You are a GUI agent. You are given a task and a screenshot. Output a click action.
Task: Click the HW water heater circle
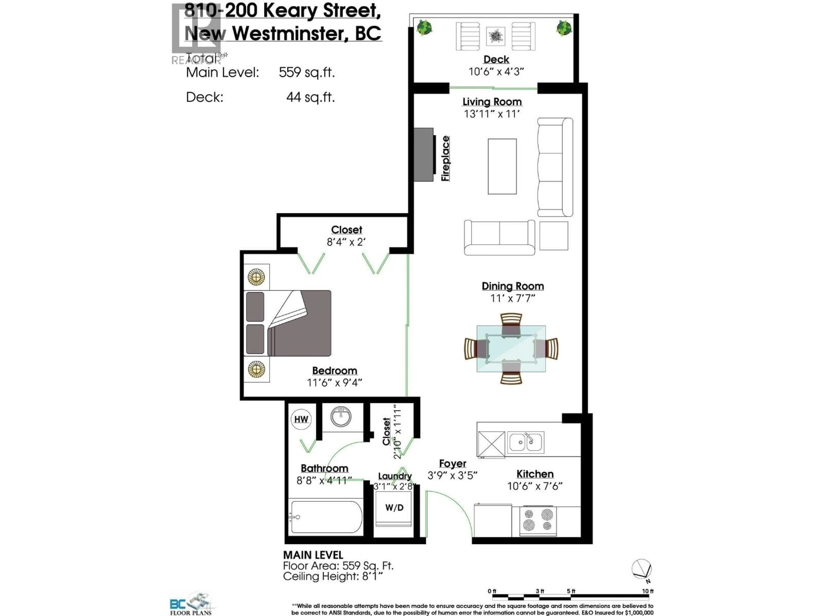coord(301,419)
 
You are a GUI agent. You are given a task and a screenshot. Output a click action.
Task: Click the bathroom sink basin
coord(341,417)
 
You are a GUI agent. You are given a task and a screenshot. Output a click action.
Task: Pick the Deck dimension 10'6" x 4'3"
coord(496,71)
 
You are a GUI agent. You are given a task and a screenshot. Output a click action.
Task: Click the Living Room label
coord(492,102)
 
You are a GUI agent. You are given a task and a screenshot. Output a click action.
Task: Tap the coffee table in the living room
coord(502,166)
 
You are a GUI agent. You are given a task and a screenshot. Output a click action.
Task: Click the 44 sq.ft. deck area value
coord(310,97)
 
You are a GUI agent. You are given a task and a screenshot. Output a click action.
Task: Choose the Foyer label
coord(452,463)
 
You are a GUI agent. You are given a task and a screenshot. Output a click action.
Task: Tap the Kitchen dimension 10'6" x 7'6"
coord(535,486)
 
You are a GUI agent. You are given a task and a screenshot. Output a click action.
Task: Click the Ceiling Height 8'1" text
coord(333,577)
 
